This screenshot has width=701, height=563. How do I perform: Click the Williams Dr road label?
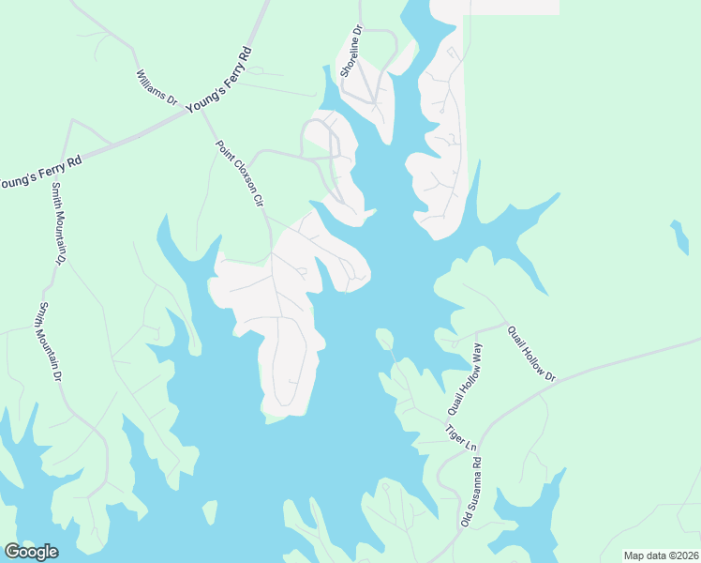click(x=157, y=85)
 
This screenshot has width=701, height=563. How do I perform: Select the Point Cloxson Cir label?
click(x=241, y=175)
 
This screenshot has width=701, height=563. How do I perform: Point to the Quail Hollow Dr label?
click(x=531, y=353)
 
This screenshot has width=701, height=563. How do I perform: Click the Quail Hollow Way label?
click(x=465, y=380)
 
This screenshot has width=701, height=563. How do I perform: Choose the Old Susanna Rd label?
click(x=470, y=491)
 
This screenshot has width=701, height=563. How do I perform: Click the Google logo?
click(x=31, y=552)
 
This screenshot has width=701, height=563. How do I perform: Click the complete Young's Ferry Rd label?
click(x=220, y=81)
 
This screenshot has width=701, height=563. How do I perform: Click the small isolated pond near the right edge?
click(x=680, y=236)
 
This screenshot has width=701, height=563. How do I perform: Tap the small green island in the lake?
click(x=384, y=339)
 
